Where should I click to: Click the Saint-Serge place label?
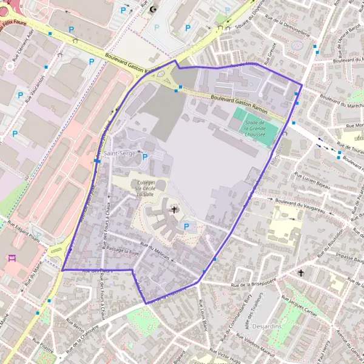(x=118, y=153)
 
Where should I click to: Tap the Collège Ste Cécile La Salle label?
(x=146, y=188)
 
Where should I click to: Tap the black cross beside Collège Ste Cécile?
(x=175, y=210)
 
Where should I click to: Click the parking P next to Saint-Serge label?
(x=144, y=157)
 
